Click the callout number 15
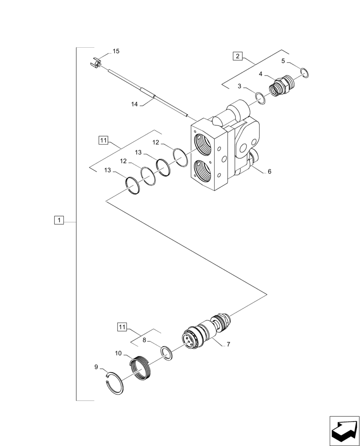[x=116, y=51]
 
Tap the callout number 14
[x=134, y=104]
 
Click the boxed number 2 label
[x=238, y=56]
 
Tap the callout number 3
[x=239, y=86]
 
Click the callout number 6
[x=270, y=171]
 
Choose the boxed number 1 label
[x=59, y=220]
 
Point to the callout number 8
[x=144, y=340]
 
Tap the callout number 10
[x=118, y=353]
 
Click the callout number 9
[x=96, y=367]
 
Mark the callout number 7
[x=228, y=344]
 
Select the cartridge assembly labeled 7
[x=205, y=332]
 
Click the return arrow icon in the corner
[x=344, y=431]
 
